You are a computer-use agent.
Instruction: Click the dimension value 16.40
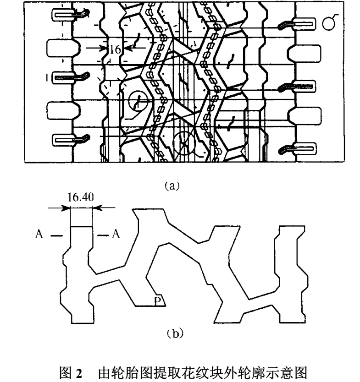point(81,197)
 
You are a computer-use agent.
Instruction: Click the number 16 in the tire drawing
point(115,49)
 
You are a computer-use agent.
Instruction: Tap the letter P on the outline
point(158,300)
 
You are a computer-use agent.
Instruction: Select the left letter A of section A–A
point(39,234)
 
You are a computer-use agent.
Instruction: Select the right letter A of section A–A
point(116,234)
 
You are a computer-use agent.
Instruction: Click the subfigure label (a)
point(172,186)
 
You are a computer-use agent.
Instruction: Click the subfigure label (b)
point(175,333)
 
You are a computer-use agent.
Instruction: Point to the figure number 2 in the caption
point(79,373)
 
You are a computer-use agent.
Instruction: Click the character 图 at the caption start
point(66,373)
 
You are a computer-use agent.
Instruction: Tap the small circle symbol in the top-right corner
point(329,22)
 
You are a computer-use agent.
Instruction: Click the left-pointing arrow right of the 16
point(136,48)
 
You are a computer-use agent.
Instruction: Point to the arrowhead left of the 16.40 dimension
point(66,208)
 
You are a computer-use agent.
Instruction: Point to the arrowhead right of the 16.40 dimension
point(97,208)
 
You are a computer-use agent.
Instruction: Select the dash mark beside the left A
point(56,235)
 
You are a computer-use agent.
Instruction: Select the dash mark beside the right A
point(103,235)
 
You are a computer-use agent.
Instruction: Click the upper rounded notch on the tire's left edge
point(63,48)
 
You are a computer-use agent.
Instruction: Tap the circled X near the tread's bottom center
point(184,143)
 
